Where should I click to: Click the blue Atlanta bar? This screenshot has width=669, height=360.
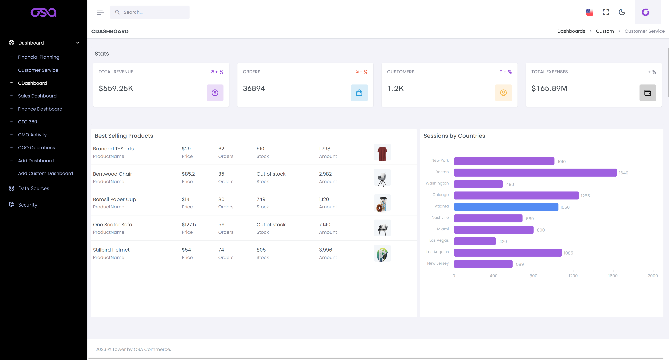pos(506,207)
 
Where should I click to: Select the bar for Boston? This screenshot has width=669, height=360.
pos(535,173)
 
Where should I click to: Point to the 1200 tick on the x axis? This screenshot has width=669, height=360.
pos(573,276)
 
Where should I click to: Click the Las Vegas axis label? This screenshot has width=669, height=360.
pos(439,240)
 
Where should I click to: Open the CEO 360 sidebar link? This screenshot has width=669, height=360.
pos(28,122)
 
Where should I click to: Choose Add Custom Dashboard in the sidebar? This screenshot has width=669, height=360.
pos(45,173)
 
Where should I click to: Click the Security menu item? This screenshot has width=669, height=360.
pos(28,205)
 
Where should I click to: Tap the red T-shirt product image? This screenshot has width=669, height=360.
pos(382,153)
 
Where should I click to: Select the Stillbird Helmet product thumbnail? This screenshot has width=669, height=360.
pos(382,254)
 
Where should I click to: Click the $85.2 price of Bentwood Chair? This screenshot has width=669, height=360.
pos(188,174)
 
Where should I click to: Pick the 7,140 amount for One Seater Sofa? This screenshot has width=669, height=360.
pos(324,225)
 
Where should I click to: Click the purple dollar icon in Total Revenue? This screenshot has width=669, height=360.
pos(215,93)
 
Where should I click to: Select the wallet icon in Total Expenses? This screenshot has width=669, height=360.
pos(647,93)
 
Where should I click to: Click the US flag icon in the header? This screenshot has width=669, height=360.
pos(590,12)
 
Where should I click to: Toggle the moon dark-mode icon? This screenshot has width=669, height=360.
pos(622,12)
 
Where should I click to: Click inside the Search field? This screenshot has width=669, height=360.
pos(153,12)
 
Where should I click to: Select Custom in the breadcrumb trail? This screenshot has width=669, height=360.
pos(605,31)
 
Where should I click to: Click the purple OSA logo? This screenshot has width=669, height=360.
pos(43,13)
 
